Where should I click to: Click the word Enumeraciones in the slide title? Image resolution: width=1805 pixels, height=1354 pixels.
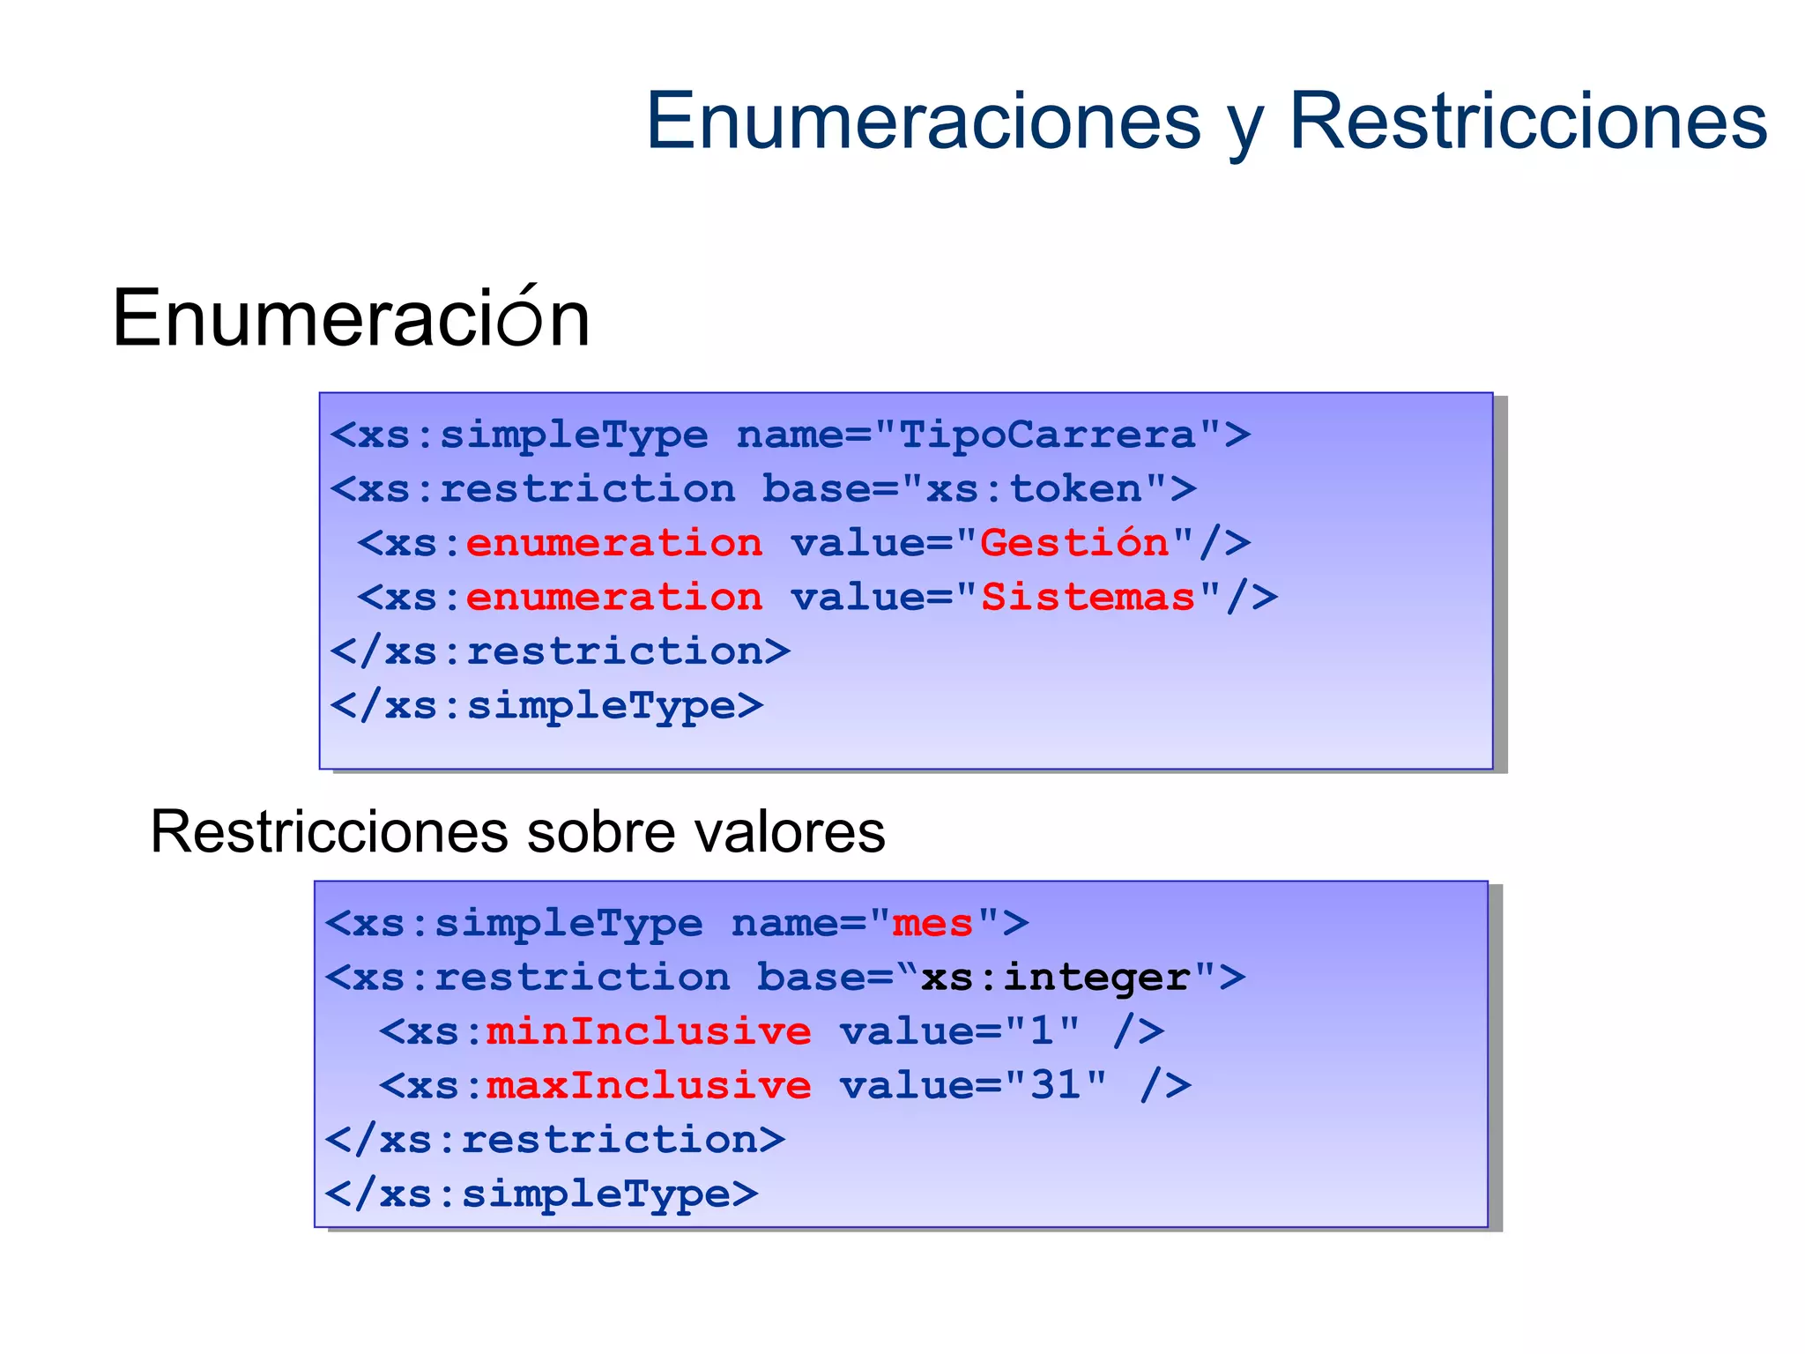click(x=923, y=122)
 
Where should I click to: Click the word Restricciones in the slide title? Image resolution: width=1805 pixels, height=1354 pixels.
click(x=1527, y=122)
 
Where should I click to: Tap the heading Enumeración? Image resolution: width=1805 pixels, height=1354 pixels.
click(x=351, y=318)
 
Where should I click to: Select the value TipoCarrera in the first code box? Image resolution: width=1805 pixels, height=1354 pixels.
click(x=1047, y=435)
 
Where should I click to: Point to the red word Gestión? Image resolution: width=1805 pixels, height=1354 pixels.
click(x=1074, y=543)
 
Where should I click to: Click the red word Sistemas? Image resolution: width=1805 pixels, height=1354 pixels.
click(x=1088, y=598)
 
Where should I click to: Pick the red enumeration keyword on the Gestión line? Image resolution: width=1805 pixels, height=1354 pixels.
click(x=614, y=543)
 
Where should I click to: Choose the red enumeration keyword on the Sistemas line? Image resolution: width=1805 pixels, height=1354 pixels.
click(x=614, y=598)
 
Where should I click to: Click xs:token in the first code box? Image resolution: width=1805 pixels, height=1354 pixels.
click(x=1034, y=489)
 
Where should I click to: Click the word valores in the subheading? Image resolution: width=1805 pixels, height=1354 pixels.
click(x=790, y=831)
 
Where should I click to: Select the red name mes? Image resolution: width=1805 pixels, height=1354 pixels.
click(x=932, y=924)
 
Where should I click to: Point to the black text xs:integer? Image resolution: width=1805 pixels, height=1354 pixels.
click(x=1055, y=978)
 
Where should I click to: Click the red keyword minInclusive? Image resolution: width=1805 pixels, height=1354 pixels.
click(x=649, y=1031)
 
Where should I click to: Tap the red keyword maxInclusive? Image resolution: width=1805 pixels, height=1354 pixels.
click(x=649, y=1085)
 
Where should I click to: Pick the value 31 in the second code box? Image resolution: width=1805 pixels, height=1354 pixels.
click(x=1056, y=1085)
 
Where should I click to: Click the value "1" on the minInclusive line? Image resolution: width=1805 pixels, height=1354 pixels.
click(x=1043, y=1031)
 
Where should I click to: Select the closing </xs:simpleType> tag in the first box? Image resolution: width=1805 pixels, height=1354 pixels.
click(x=546, y=706)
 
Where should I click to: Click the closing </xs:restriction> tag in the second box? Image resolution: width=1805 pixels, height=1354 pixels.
click(x=555, y=1140)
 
